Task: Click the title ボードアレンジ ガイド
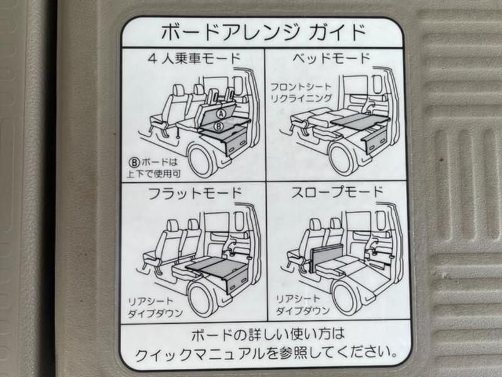tap(262, 31)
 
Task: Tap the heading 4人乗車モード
tap(195, 60)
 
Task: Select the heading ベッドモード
tap(331, 60)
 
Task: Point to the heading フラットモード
tap(195, 192)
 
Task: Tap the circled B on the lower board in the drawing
tap(218, 126)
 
